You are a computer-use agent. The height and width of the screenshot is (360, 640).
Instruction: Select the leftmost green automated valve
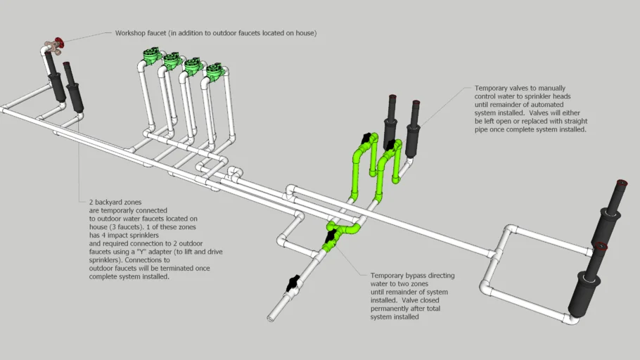[151, 55]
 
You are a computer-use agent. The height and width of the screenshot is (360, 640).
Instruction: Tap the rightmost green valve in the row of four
[214, 72]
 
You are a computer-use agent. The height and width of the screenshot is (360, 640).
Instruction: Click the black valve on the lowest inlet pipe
[292, 285]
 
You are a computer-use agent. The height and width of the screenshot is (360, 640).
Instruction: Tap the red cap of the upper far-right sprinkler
[620, 186]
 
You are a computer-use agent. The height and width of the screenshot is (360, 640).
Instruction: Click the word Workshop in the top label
[132, 33]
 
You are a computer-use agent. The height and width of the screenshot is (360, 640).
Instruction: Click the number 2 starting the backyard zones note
[91, 202]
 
